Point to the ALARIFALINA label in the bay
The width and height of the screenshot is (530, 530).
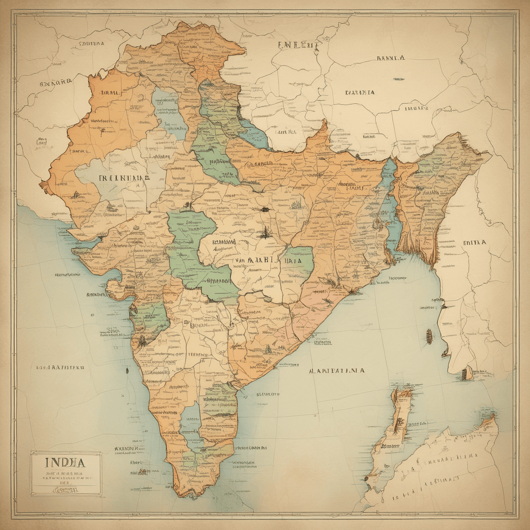click(337, 371)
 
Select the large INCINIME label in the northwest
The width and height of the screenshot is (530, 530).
click(124, 178)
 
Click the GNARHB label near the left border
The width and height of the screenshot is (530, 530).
click(55, 82)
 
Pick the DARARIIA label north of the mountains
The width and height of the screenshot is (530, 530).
click(360, 92)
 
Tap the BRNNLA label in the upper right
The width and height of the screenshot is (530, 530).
click(390, 58)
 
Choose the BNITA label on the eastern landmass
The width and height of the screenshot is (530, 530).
click(474, 243)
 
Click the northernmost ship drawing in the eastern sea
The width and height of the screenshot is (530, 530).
click(429, 335)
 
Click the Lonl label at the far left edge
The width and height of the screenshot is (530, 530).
click(41, 142)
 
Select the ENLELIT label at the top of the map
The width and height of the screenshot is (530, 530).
click(298, 45)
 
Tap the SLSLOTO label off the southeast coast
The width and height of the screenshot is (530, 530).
click(267, 394)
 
